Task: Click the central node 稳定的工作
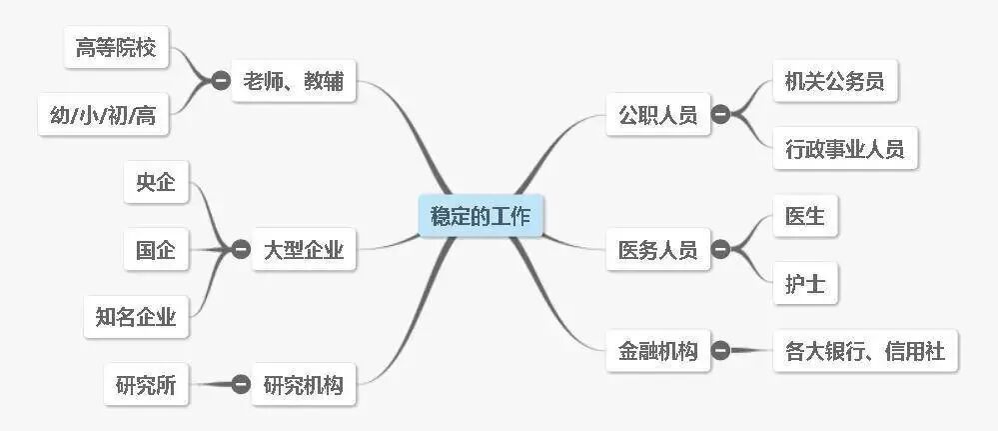[x=481, y=216]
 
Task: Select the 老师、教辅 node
[x=293, y=82]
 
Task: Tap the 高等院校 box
[x=116, y=48]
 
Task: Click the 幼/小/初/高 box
[x=103, y=116]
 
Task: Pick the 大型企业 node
[x=303, y=250]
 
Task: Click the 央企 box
[x=156, y=182]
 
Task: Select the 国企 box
[x=156, y=250]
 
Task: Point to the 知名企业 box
[x=136, y=318]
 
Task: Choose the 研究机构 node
[x=303, y=385]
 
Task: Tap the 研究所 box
[x=146, y=385]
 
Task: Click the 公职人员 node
[x=657, y=114]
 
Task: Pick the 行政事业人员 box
[x=844, y=150]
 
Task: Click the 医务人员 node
[x=657, y=249]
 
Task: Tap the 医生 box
[x=805, y=216]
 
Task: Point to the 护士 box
[x=805, y=285]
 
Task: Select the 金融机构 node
[x=657, y=351]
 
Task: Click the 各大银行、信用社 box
[x=865, y=351]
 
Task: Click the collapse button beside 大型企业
[x=241, y=250]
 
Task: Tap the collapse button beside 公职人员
[x=720, y=114]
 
